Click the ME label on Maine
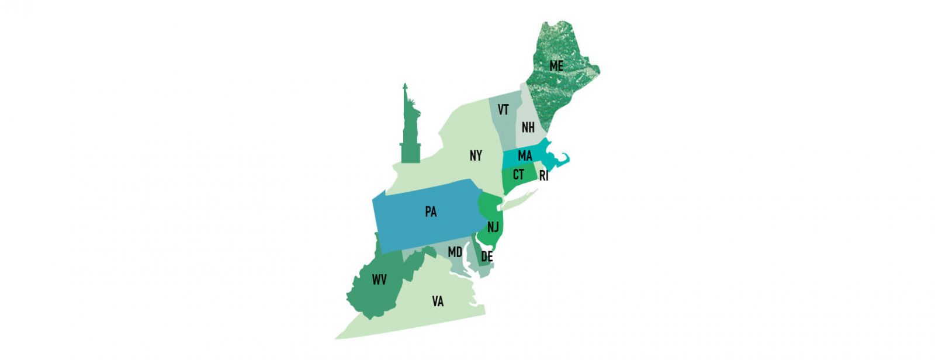point(556,66)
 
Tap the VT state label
point(503,110)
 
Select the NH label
point(528,127)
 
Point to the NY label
point(476,155)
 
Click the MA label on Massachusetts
point(525,155)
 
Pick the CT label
point(518,174)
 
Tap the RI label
point(543,176)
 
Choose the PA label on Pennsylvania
point(431,212)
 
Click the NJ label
point(493,227)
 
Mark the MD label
point(455,252)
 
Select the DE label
point(487,257)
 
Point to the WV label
point(379,280)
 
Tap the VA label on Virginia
point(438,302)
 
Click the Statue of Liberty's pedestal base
point(410,152)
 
